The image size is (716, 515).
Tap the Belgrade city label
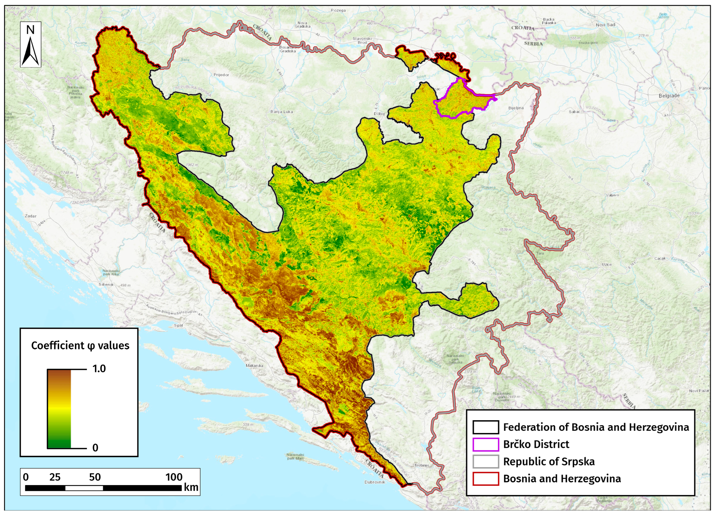pos(669,95)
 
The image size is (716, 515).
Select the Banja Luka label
pos(282,112)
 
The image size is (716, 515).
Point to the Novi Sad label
pos(605,25)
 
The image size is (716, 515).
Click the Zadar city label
pos(31,216)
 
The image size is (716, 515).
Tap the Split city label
pos(178,325)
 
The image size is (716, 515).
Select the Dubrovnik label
pos(375,482)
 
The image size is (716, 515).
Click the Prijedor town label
pos(221,75)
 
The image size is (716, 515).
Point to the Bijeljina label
pos(516,108)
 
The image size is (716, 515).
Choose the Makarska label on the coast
pos(254,366)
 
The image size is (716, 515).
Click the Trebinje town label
pos(422,465)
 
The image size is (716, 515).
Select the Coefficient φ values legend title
pos(80,345)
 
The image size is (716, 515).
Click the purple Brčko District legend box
pos(486,444)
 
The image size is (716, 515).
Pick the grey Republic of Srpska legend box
pos(486,461)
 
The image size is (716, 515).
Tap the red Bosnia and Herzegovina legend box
pos(486,478)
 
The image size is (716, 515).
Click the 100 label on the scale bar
pos(174,477)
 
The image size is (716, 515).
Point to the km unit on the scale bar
pos(191,487)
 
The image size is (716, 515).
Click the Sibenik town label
pos(106,284)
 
